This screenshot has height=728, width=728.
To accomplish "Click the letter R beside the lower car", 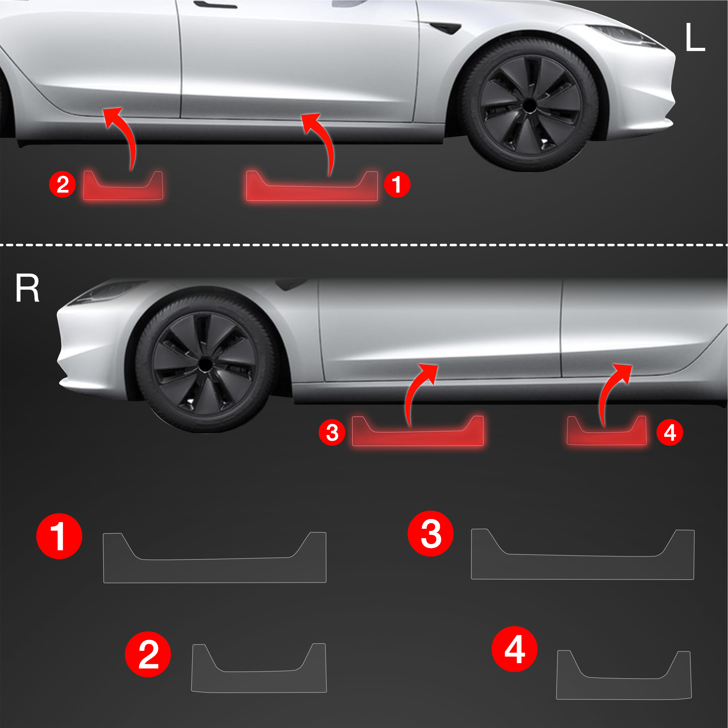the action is click(x=28, y=288).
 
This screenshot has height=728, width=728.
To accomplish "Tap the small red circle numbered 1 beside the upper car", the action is click(x=397, y=184).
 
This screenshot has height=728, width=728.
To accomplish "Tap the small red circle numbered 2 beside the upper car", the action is click(x=63, y=184).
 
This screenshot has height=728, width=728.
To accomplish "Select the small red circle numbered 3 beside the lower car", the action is click(x=332, y=433).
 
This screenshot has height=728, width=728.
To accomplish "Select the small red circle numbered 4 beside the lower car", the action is click(x=670, y=433).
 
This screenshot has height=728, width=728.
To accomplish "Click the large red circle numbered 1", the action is click(x=59, y=536).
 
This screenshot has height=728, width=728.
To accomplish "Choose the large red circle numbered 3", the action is click(x=431, y=534).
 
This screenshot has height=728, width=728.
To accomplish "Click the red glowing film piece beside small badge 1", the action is click(x=312, y=192).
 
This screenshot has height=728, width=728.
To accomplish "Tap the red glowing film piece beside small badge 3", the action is click(x=418, y=437).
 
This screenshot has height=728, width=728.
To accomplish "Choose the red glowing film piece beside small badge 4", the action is click(x=607, y=437).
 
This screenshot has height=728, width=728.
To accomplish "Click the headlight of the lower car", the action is click(x=109, y=292).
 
